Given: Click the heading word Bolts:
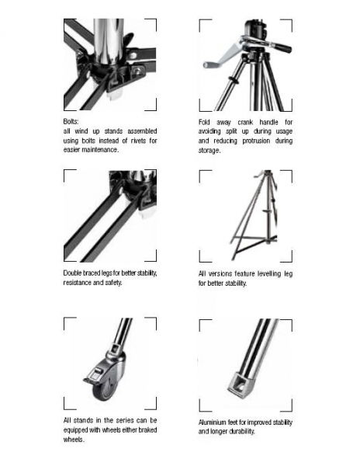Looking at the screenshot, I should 72,122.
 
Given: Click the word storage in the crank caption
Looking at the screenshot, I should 211,150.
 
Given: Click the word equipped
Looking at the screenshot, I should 81,429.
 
